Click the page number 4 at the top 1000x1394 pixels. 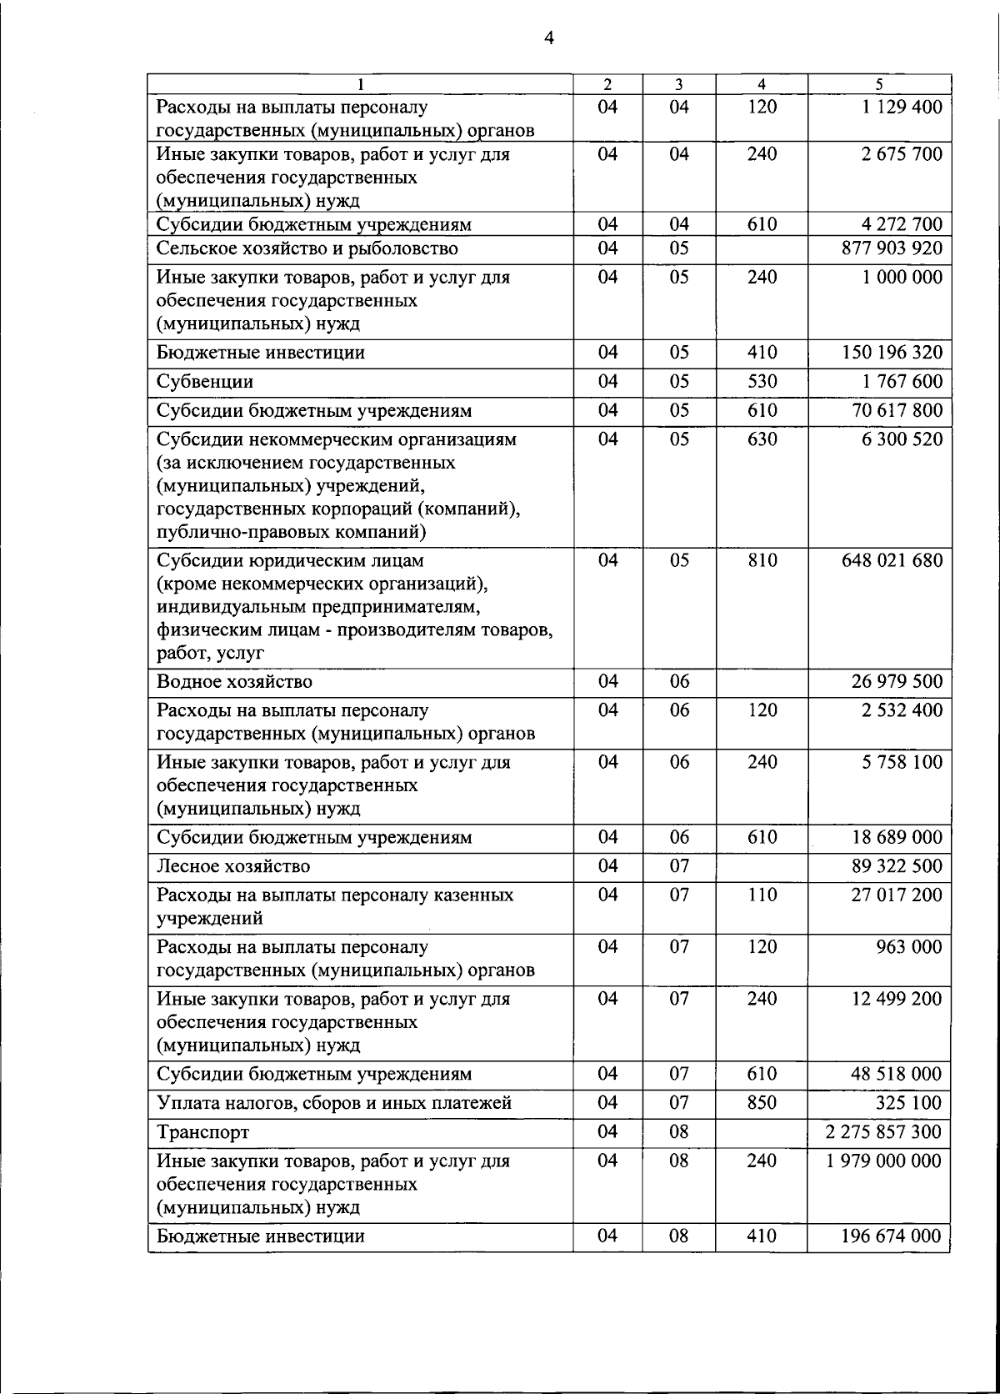547,37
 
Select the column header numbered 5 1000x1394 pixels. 879,84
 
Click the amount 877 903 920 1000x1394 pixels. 891,248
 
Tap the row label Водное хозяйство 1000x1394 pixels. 235,682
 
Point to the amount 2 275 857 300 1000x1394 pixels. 884,1132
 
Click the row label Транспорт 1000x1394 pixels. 203,1132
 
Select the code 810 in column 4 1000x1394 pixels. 762,560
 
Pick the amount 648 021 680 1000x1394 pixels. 891,560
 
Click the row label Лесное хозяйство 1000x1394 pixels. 233,866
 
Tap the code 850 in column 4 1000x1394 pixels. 762,1103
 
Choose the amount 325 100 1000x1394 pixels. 908,1103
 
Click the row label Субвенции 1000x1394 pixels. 205,382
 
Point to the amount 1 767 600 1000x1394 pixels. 902,382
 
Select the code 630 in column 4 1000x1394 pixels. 762,439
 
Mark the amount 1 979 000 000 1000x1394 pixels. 884,1161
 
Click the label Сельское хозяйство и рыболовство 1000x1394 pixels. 307,248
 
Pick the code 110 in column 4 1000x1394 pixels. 762,895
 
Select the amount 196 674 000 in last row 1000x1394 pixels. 891,1236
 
